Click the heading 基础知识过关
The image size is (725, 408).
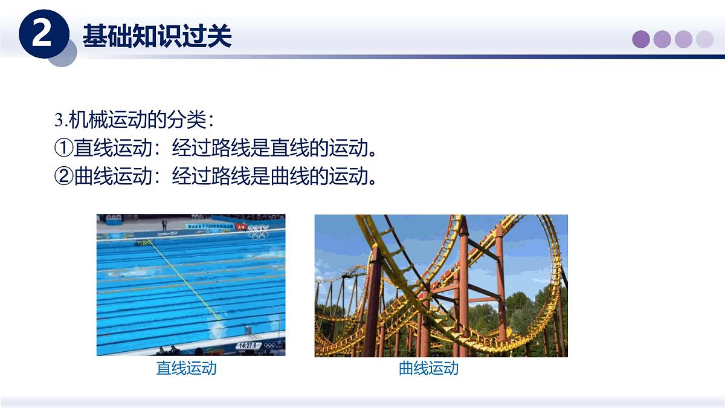pos(157,36)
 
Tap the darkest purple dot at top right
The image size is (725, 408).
pos(641,39)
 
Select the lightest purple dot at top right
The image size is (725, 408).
pos(704,39)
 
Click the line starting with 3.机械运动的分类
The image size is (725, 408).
pos(134,120)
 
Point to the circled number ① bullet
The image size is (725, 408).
pos(63,148)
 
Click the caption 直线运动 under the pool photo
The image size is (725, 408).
pos(186,368)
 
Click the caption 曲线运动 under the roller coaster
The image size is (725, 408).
pos(428,368)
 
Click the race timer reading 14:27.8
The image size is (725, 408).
pos(247,345)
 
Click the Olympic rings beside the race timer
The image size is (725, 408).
pos(269,346)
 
